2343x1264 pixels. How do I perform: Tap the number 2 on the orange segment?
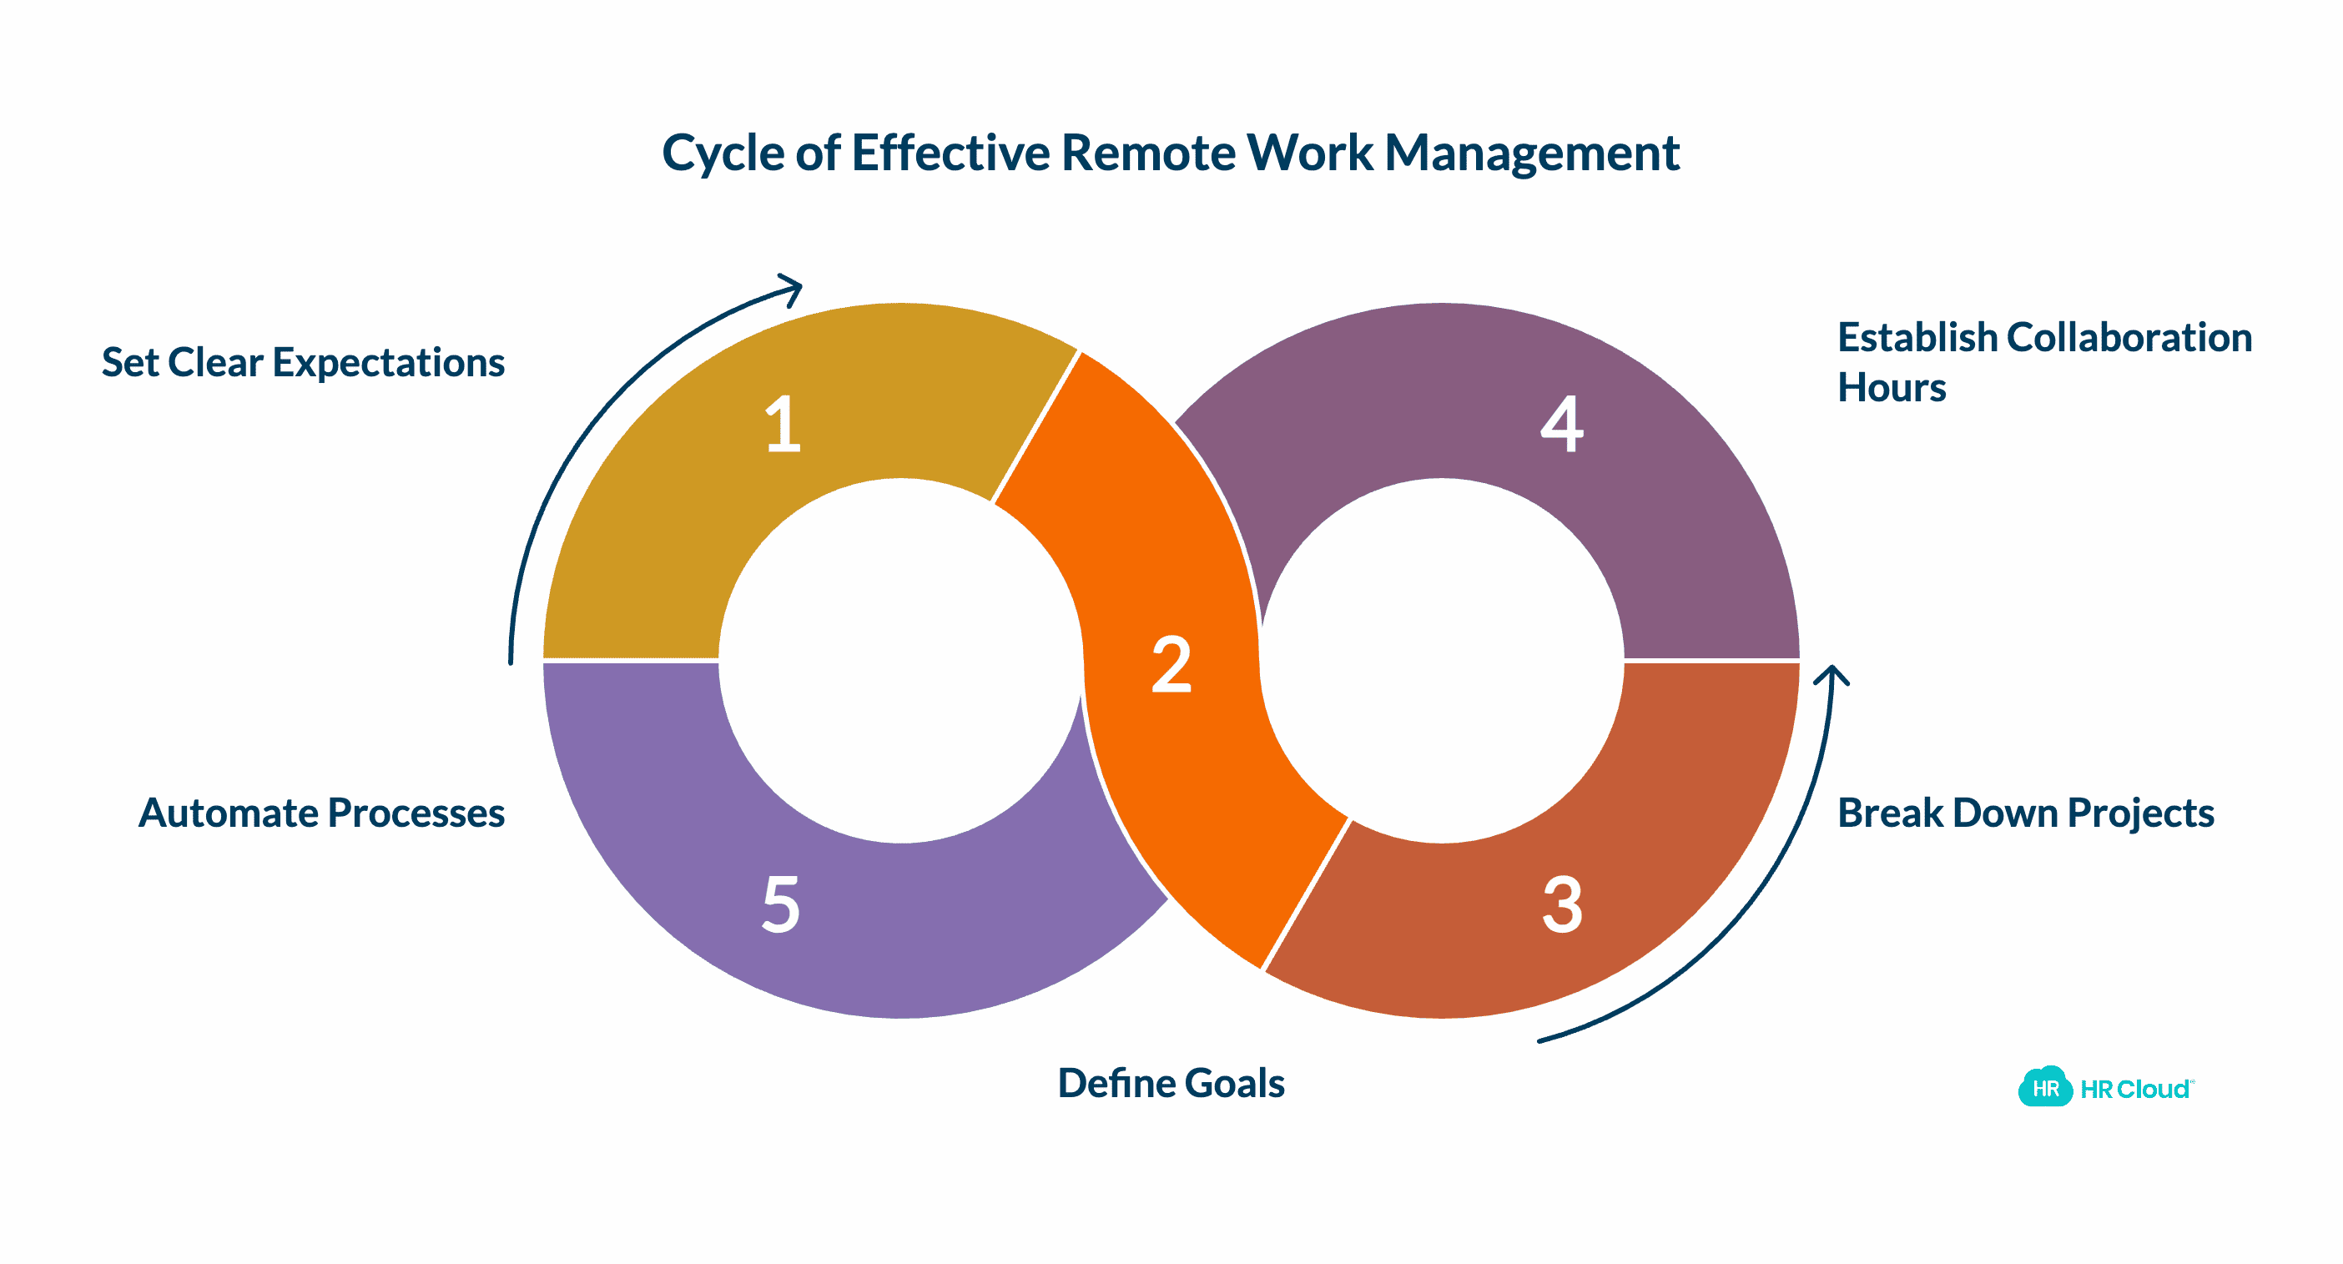(1171, 665)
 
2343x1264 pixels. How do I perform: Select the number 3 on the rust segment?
(1563, 904)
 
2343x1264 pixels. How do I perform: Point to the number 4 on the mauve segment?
(1562, 424)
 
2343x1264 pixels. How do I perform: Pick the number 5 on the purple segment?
(781, 904)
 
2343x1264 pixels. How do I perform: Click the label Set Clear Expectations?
(303, 363)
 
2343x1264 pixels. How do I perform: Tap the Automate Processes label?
(321, 813)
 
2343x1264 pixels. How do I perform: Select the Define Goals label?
(1171, 1083)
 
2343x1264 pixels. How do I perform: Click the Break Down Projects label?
(2026, 813)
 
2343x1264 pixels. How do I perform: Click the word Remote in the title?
(1148, 153)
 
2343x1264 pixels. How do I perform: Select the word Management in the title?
(1532, 153)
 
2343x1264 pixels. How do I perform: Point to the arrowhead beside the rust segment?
(1831, 676)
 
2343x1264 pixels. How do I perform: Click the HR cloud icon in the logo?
(2044, 1088)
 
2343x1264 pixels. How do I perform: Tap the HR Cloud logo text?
(2134, 1090)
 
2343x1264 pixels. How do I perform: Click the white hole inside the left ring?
(900, 661)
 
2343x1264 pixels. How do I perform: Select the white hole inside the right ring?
(1442, 661)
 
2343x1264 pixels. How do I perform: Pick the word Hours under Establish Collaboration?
(1891, 387)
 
